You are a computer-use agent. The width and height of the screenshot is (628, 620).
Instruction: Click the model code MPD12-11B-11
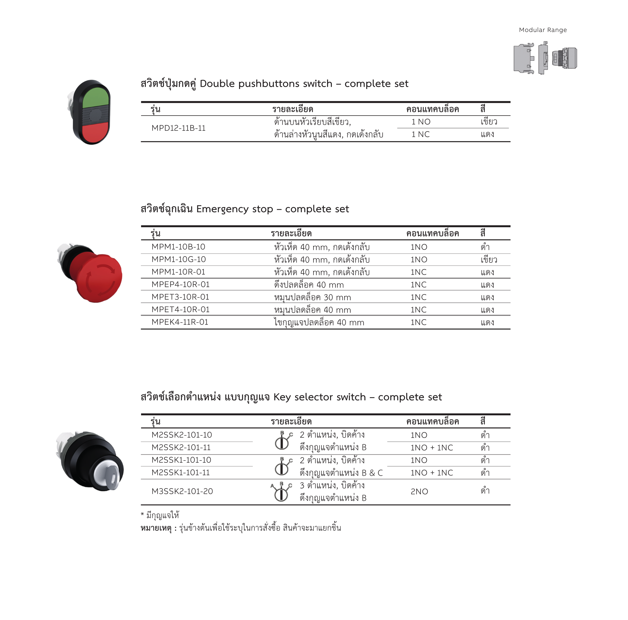pos(178,128)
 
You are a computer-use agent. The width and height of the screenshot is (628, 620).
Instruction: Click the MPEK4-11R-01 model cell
pos(180,322)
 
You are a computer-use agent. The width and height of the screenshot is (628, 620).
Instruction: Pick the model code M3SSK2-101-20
pos(182,491)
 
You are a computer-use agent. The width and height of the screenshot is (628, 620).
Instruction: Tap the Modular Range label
pos(542,30)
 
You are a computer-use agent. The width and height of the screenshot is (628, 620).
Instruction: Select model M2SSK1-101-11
pos(180,473)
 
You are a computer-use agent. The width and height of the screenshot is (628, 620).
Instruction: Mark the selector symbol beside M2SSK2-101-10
pos(282,441)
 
